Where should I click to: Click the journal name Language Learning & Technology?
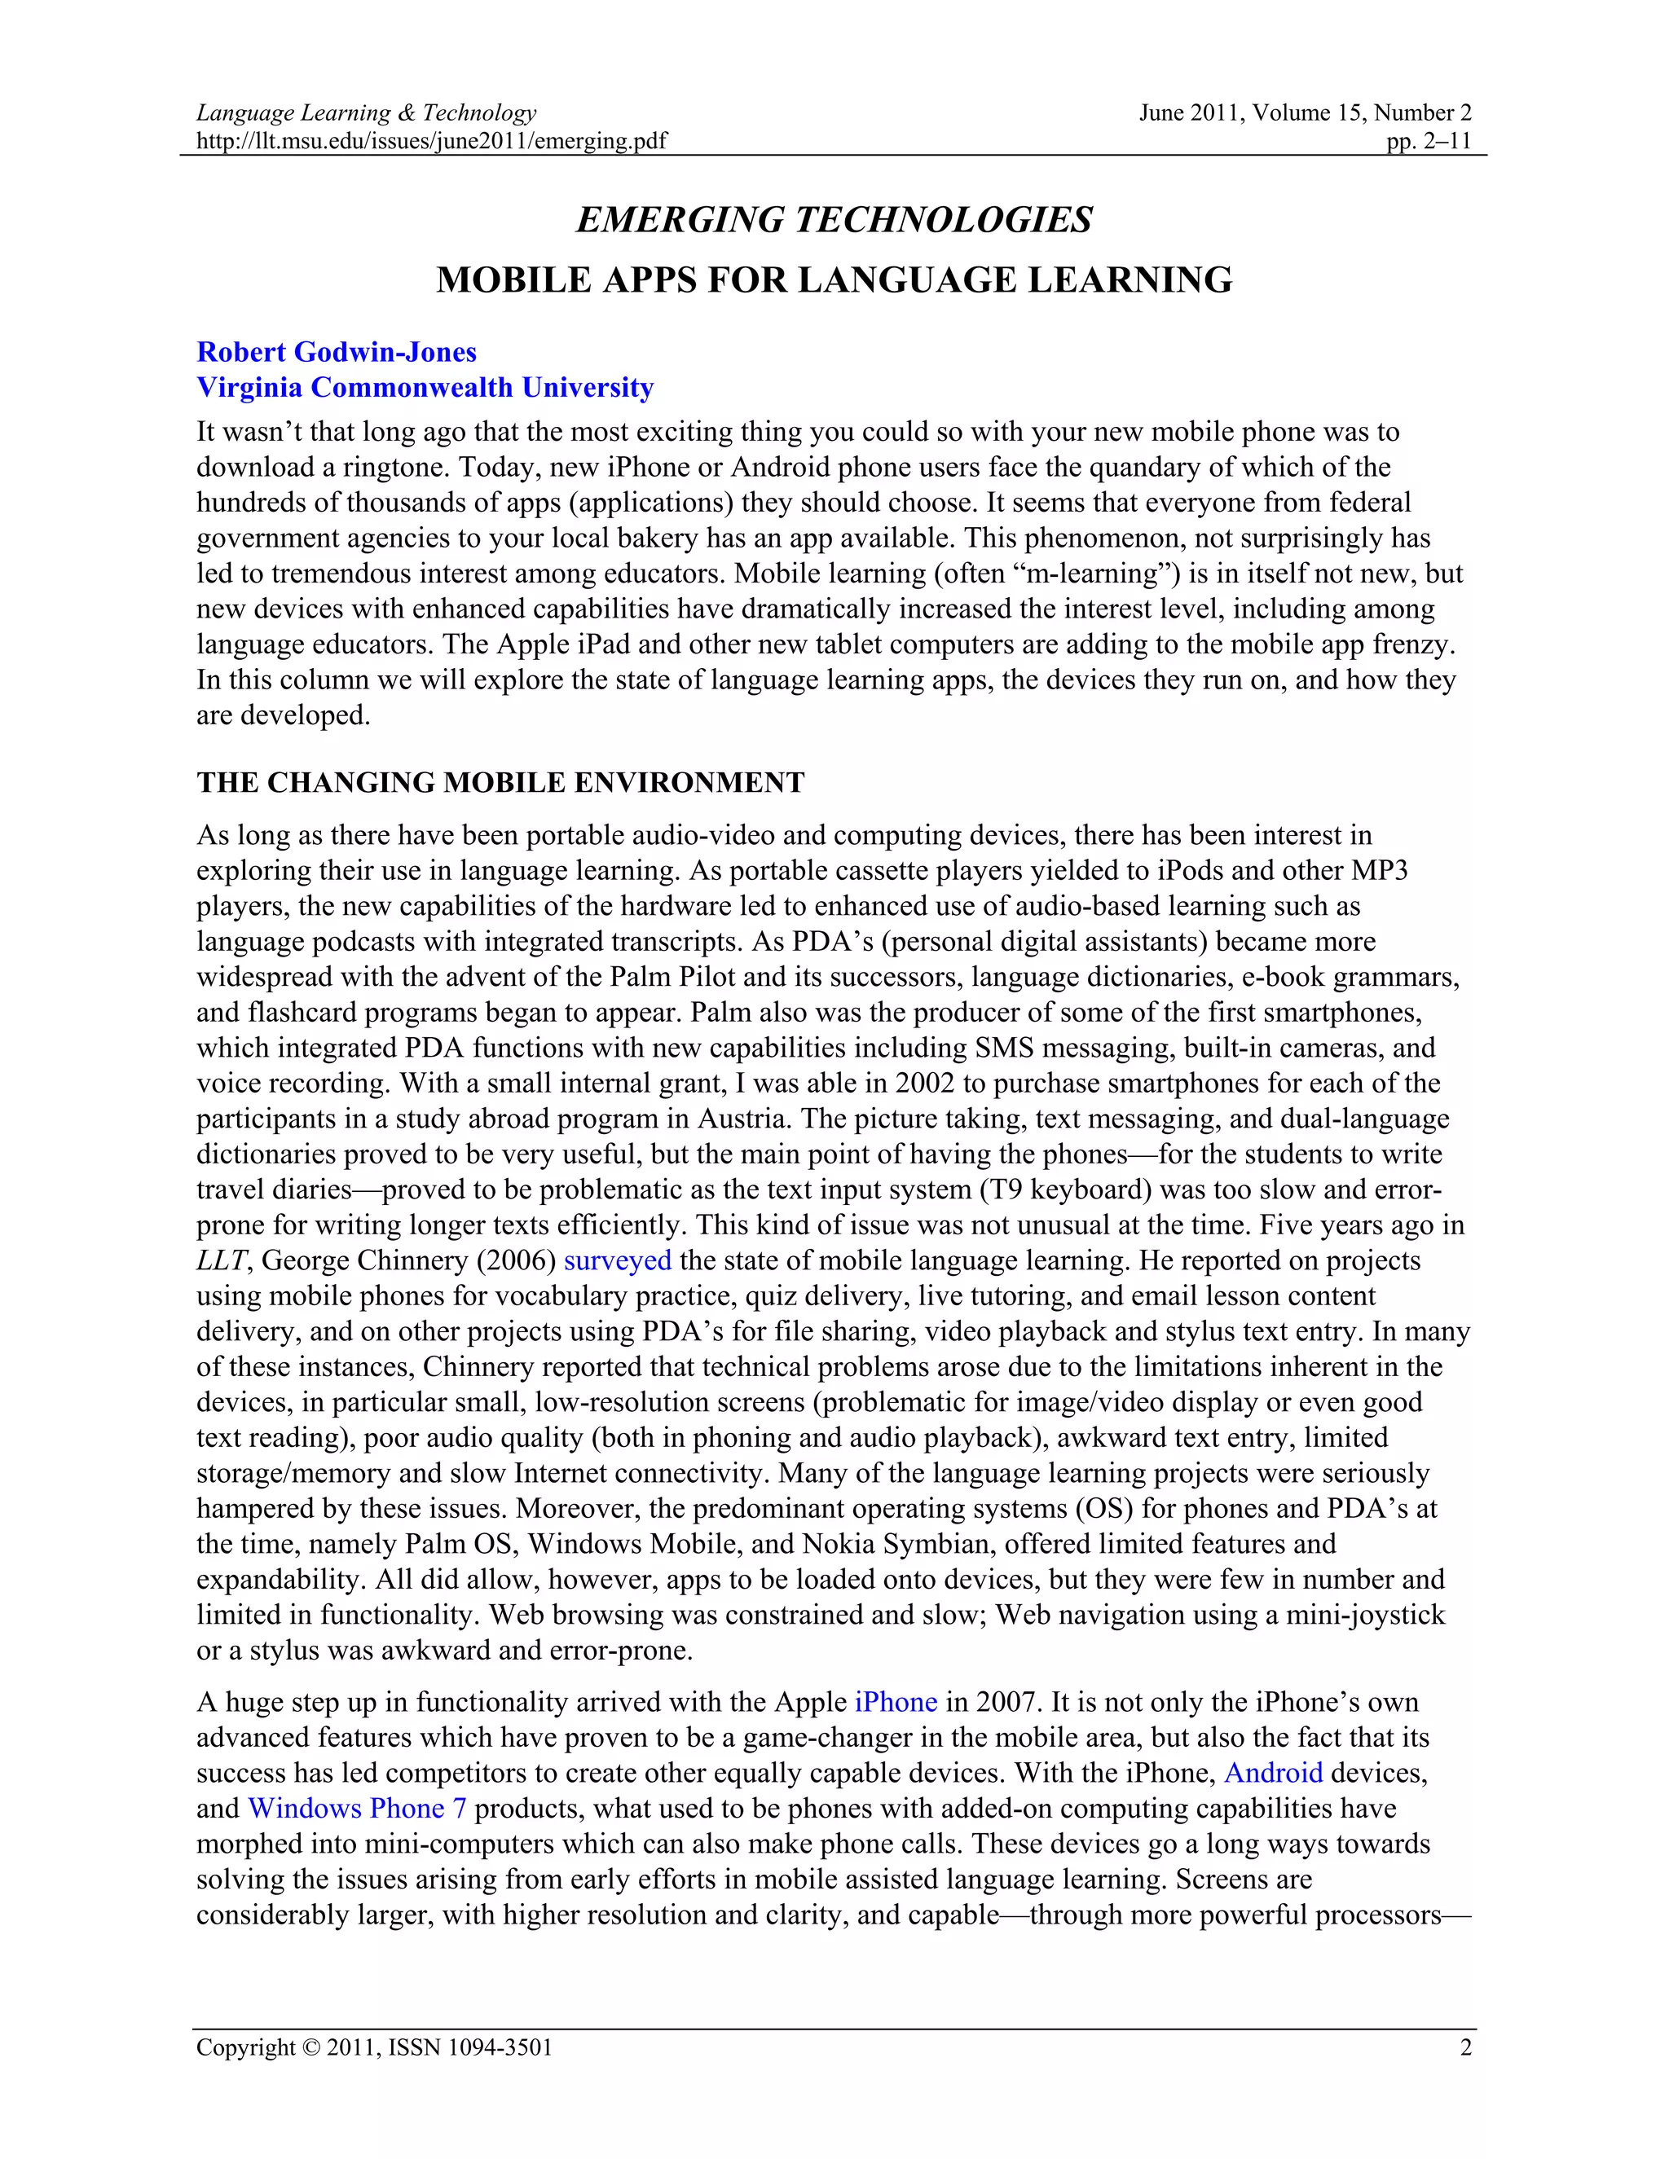click(366, 112)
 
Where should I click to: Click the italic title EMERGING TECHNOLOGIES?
click(834, 219)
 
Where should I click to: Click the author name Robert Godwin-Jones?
click(337, 352)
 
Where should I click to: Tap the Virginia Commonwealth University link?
click(425, 388)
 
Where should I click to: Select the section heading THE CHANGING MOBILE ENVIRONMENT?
click(500, 782)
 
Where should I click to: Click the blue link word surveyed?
click(617, 1260)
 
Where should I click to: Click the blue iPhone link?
click(895, 1701)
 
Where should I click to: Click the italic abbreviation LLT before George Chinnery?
click(222, 1260)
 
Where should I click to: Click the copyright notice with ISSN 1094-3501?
click(374, 2047)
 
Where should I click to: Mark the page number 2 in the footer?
click(1465, 2047)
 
